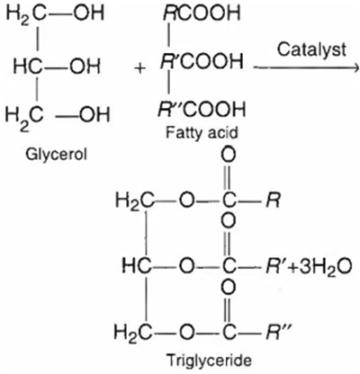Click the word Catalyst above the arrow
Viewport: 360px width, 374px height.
pyautogui.click(x=311, y=50)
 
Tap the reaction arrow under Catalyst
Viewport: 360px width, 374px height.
pyautogui.click(x=306, y=68)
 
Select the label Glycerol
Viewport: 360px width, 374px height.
pyautogui.click(x=56, y=156)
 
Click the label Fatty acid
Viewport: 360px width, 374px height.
pyautogui.click(x=202, y=132)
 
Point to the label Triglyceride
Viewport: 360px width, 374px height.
pyautogui.click(x=209, y=361)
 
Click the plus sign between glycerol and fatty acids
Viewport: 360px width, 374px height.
pyautogui.click(x=140, y=68)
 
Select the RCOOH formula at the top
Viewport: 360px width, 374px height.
pyautogui.click(x=202, y=13)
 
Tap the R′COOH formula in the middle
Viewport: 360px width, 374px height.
pyautogui.click(x=202, y=61)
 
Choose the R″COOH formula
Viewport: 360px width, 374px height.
pyautogui.click(x=202, y=109)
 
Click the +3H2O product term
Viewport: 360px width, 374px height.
pyautogui.click(x=319, y=266)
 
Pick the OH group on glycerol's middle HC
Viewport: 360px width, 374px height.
pyautogui.click(x=85, y=67)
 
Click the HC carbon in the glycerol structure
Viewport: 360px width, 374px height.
pyautogui.click(x=28, y=67)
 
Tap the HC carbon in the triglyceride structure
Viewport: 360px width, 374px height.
pyautogui.click(x=137, y=266)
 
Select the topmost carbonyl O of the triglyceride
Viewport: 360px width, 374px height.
pyautogui.click(x=229, y=156)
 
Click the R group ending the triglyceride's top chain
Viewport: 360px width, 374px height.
pyautogui.click(x=273, y=200)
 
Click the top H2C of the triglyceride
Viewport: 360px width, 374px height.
pyautogui.click(x=134, y=200)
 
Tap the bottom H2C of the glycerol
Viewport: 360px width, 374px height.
pyautogui.click(x=24, y=116)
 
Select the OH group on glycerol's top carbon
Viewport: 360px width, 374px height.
pyautogui.click(x=89, y=13)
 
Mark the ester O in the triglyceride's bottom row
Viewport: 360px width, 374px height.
pyautogui.click(x=187, y=332)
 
